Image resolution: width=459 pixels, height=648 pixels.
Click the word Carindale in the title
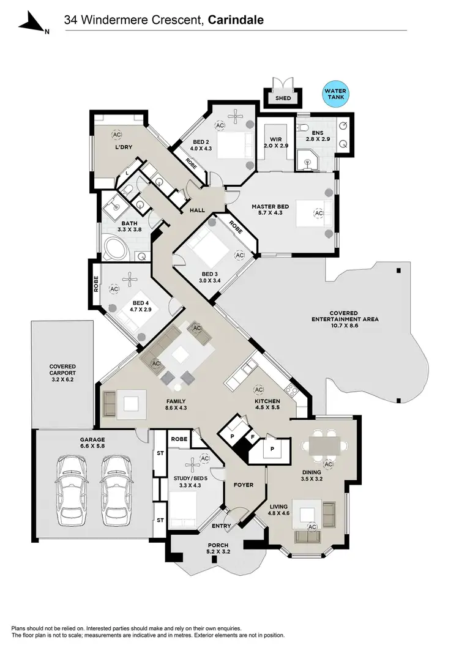point(236,20)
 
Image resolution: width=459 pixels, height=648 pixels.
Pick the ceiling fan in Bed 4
point(130,280)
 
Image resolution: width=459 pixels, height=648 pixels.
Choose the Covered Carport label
point(62,371)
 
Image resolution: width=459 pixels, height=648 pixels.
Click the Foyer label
point(244,485)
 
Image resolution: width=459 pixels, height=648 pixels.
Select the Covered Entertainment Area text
point(345,316)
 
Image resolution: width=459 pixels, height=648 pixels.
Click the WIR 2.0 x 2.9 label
point(271,142)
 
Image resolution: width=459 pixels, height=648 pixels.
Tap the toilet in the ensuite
point(304,128)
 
